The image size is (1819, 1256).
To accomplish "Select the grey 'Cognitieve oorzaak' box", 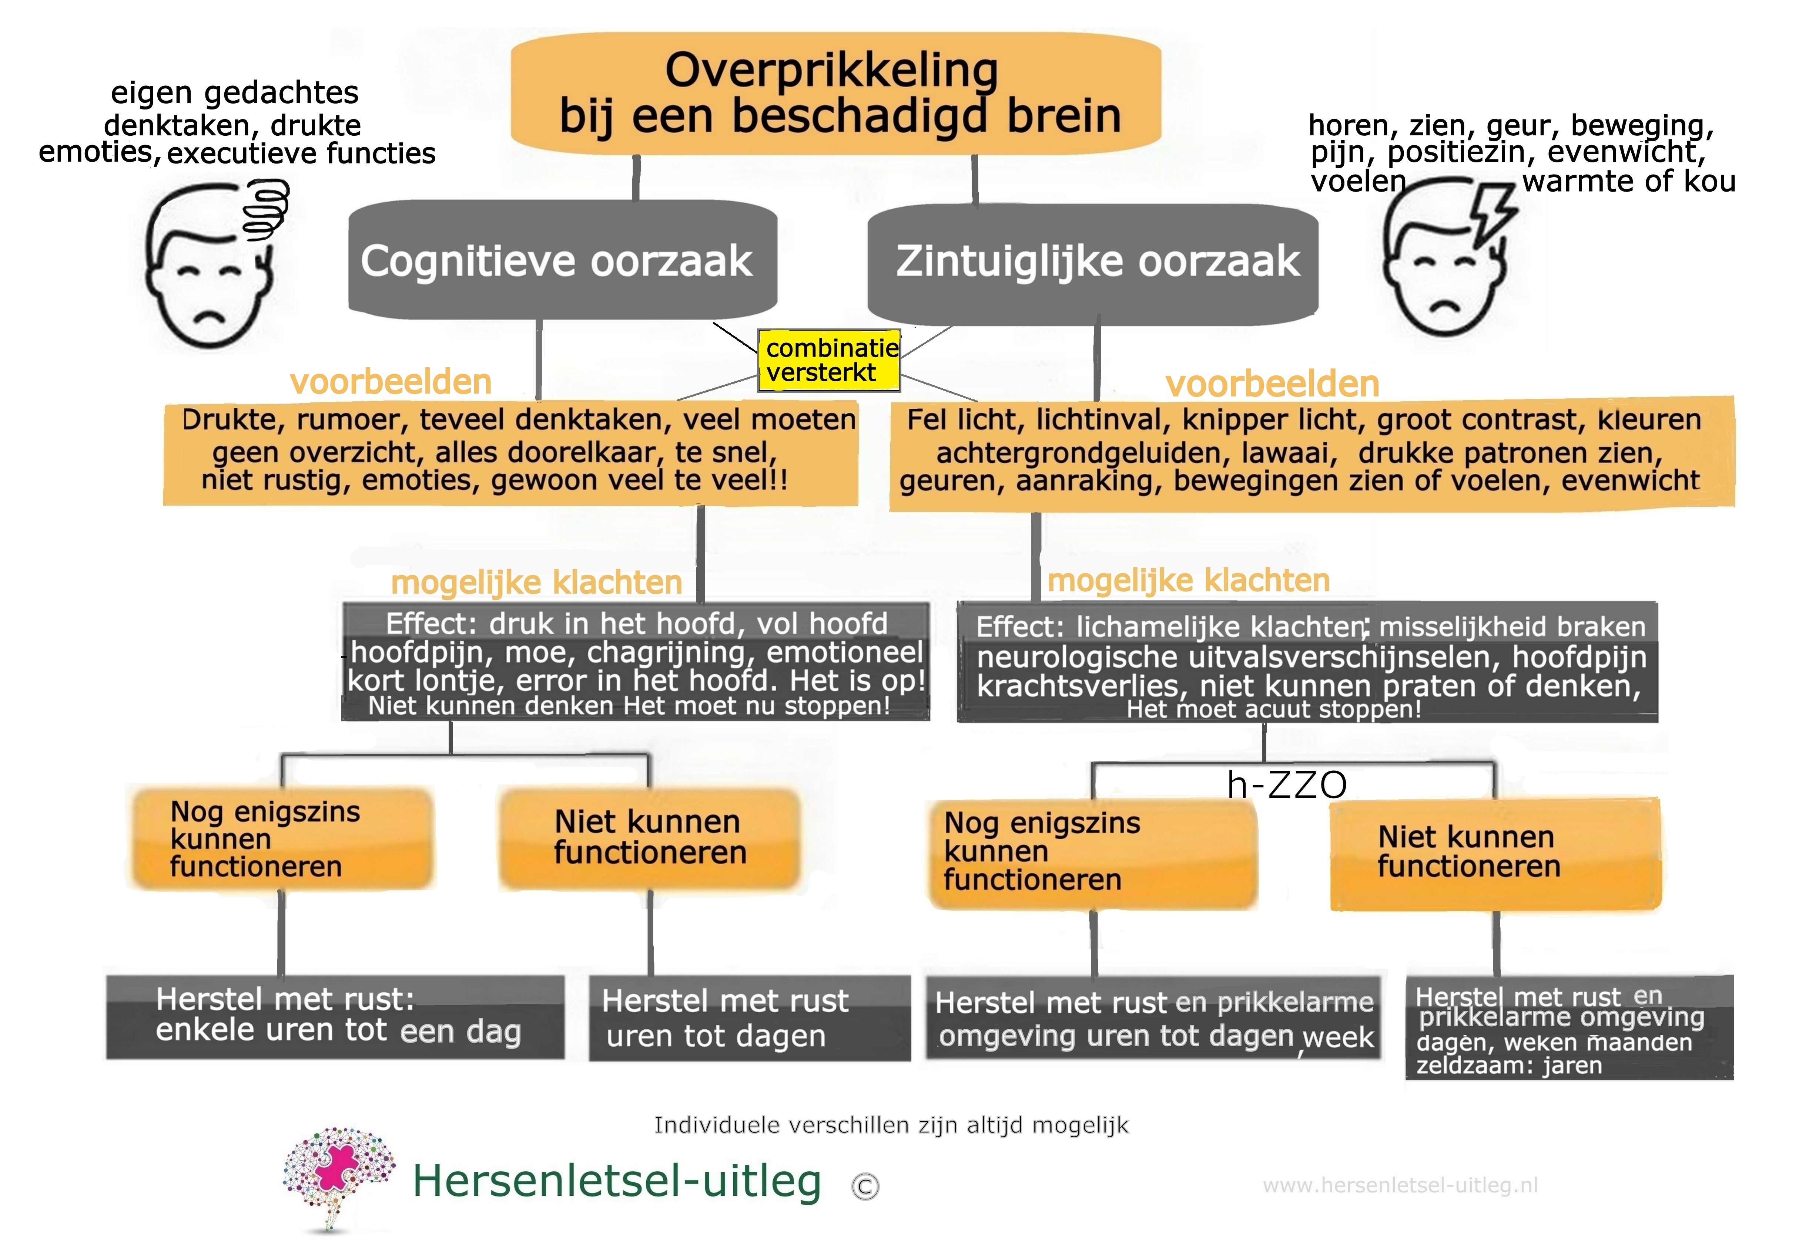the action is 562,260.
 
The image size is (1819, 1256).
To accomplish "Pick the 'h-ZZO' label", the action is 1287,784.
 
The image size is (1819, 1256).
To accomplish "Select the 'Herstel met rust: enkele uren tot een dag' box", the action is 335,1017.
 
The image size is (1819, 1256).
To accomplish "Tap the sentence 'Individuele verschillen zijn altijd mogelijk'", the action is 891,1125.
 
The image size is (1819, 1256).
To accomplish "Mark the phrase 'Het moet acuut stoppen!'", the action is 1273,710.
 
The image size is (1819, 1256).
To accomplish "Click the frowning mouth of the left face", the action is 209,316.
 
